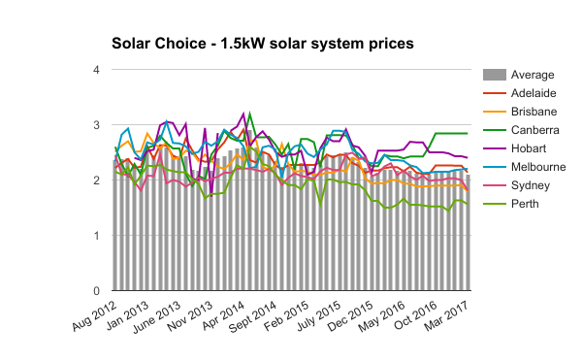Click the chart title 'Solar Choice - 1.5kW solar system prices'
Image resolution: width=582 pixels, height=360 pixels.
[263, 44]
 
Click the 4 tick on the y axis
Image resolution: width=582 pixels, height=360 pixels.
[95, 70]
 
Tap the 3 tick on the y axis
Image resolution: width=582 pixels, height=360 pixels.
[95, 125]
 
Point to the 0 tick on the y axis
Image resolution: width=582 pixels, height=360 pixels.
[95, 291]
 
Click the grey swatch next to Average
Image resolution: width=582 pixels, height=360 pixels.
[493, 75]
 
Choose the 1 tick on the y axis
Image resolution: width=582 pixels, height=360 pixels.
[95, 236]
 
